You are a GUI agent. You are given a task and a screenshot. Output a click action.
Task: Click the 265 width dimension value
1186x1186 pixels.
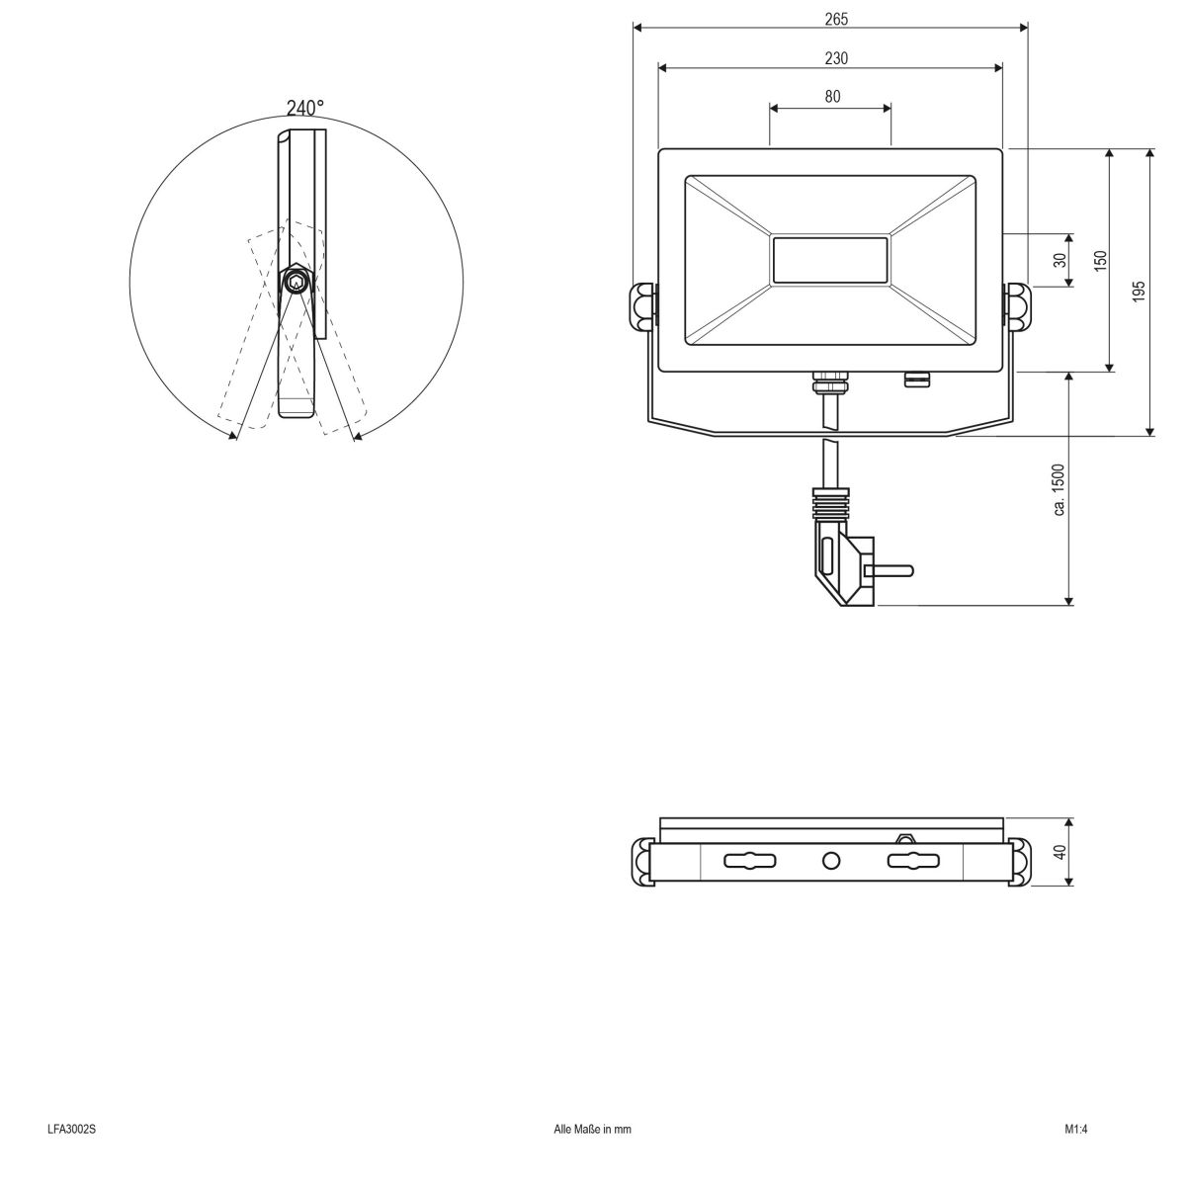coord(836,19)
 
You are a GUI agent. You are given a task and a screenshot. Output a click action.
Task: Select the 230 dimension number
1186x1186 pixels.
coord(836,58)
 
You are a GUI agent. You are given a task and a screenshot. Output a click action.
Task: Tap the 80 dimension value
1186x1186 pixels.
coord(832,96)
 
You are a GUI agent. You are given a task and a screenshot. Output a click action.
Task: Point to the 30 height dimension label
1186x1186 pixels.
coord(1060,261)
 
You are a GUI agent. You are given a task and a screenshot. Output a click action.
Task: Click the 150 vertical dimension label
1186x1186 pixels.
coord(1101,261)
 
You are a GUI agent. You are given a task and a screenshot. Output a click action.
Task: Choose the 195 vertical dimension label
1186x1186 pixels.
coord(1139,292)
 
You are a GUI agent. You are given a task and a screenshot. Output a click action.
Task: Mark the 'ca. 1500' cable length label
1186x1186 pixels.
coord(1059,489)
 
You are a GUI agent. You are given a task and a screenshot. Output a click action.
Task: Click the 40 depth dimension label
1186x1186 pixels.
coord(1060,852)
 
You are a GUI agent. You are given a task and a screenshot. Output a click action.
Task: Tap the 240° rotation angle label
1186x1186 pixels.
coord(304,108)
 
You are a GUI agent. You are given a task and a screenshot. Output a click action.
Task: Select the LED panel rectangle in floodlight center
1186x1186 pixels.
coord(830,261)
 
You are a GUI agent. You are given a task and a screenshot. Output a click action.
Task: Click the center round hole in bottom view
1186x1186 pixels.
coord(830,861)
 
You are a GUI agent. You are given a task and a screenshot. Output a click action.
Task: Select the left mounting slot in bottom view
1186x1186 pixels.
coord(750,861)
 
